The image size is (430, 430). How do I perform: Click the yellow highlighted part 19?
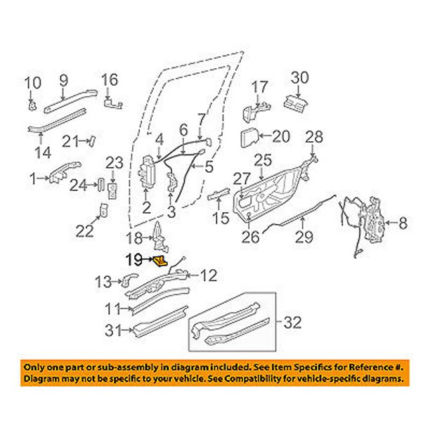tap(159, 261)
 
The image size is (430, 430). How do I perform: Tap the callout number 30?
tap(299, 77)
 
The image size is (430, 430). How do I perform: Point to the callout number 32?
tap(292, 322)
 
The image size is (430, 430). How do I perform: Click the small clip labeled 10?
tap(32, 105)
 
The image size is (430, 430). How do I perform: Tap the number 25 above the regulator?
tap(263, 160)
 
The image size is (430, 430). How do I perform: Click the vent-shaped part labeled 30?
tap(295, 103)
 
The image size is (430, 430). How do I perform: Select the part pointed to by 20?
tap(249, 136)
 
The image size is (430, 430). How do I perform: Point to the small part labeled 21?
tap(92, 142)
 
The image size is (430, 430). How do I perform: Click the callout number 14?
tap(43, 152)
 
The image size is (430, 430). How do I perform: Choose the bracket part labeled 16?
tap(112, 104)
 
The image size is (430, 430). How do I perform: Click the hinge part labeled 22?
tap(104, 210)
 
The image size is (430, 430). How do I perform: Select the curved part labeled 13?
tap(129, 280)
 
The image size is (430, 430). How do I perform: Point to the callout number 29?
tap(304, 237)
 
